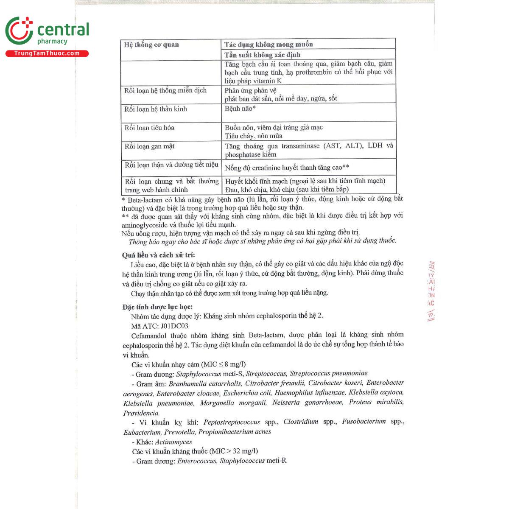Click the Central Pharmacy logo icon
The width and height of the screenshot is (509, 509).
click(x=19, y=31)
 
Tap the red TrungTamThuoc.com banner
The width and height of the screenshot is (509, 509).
click(x=47, y=53)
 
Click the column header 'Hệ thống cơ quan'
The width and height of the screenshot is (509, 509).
click(x=151, y=45)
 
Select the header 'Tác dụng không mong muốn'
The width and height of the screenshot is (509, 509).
click(x=268, y=44)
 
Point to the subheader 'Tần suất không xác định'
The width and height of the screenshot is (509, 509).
click(x=262, y=55)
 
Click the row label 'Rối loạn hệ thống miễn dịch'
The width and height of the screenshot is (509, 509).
click(x=165, y=90)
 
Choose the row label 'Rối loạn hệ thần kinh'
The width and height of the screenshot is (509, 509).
click(x=156, y=109)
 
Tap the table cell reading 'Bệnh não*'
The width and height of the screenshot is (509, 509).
click(x=240, y=109)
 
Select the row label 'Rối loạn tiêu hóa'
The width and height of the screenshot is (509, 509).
click(x=149, y=128)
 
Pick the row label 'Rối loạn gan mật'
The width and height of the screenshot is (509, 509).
click(x=149, y=146)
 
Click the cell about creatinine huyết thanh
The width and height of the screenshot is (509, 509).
click(x=287, y=168)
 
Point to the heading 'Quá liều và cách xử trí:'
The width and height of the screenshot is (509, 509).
click(x=158, y=255)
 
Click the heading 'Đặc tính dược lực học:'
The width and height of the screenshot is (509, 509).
click(x=157, y=307)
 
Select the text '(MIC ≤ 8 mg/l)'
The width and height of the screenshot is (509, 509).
click(x=223, y=364)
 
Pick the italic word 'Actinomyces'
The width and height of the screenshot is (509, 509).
click(x=173, y=442)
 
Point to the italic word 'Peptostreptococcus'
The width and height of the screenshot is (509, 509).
click(x=232, y=422)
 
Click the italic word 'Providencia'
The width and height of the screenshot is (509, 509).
click(x=141, y=413)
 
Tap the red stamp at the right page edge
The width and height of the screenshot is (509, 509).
click(x=431, y=291)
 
